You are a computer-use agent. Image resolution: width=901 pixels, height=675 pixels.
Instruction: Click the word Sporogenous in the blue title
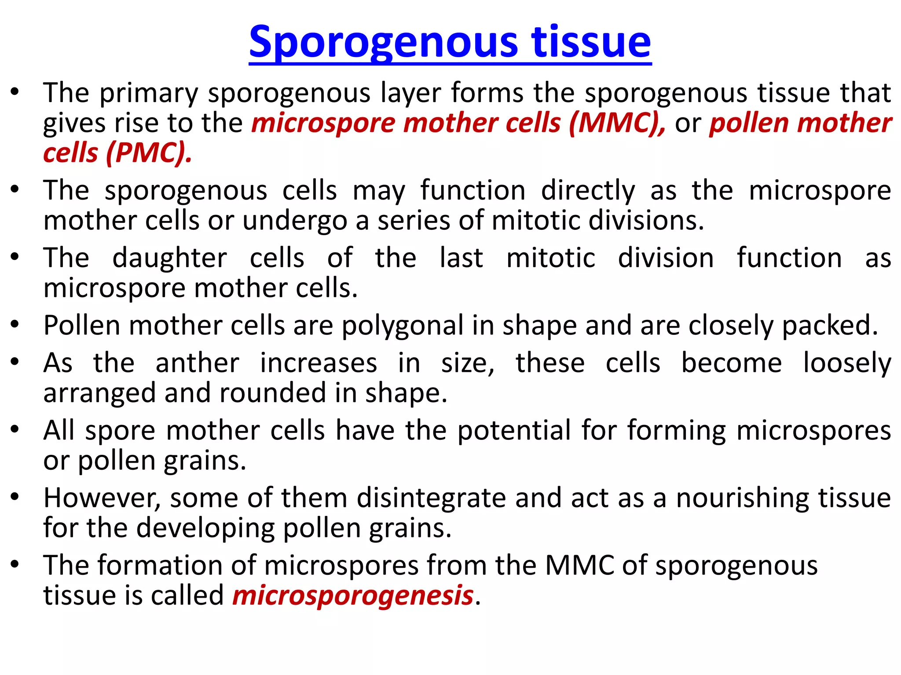pos(383,42)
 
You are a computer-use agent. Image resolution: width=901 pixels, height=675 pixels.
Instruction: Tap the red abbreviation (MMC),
pos(617,123)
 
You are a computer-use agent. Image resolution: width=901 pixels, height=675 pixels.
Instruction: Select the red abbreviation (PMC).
pos(149,153)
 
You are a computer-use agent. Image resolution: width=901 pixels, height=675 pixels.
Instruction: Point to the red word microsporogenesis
pos(353,595)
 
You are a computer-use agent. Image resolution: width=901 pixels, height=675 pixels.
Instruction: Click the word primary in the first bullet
pos(149,94)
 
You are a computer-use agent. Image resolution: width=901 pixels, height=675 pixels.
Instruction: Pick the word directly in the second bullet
pos(588,191)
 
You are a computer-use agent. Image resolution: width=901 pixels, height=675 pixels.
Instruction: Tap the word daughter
pos(170,258)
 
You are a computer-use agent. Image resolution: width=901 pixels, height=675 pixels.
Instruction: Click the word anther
pos(198,363)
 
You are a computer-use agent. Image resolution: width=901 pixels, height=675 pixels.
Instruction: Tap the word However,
pos(102,498)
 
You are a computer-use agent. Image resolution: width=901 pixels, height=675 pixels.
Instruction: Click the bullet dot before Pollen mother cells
pos(15,325)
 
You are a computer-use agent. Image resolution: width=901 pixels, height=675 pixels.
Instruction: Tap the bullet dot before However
pos(15,497)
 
